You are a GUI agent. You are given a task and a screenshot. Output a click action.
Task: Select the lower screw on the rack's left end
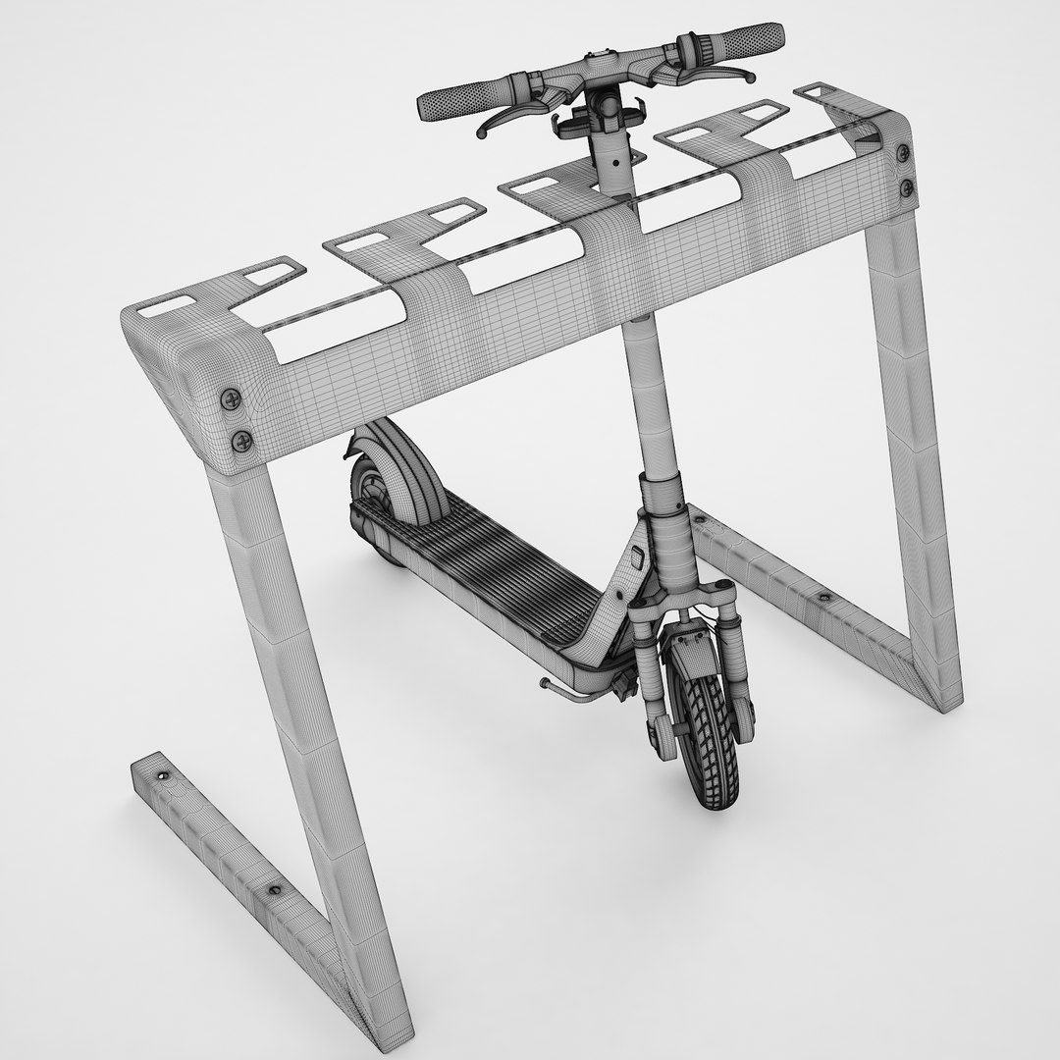point(241,441)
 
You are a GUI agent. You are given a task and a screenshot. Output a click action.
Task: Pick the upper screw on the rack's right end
point(903,151)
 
